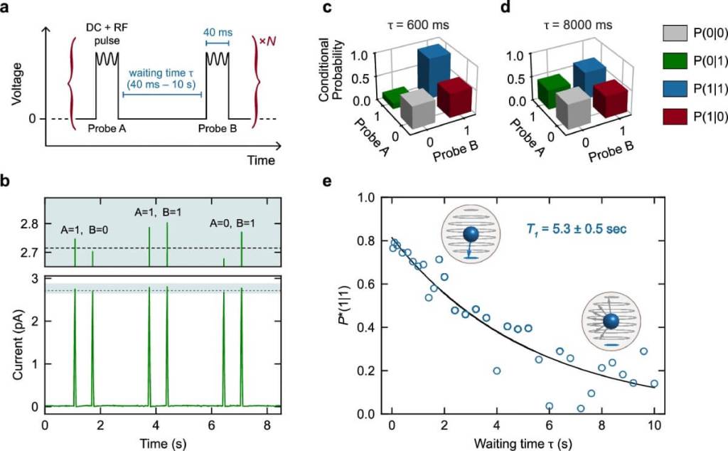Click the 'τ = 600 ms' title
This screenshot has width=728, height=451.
tap(410, 24)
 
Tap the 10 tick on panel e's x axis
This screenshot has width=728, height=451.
tap(653, 425)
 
